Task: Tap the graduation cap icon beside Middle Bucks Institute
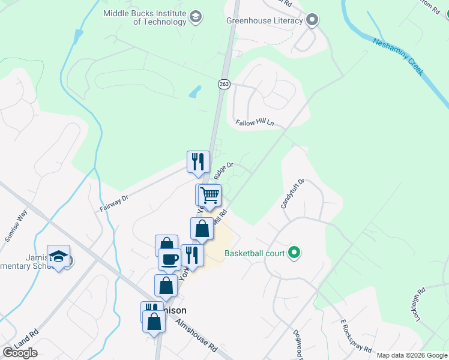(x=195, y=17)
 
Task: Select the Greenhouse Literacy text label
(x=264, y=20)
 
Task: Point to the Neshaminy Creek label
(x=399, y=56)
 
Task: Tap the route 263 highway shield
(x=224, y=85)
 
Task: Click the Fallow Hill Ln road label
(x=255, y=122)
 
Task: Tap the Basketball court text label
(x=255, y=253)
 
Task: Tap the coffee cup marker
(x=169, y=259)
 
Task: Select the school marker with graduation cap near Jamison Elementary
(x=59, y=256)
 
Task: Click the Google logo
(x=20, y=353)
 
